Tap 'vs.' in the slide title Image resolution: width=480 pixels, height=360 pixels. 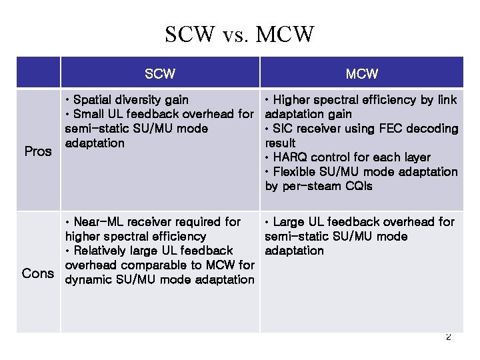pyautogui.click(x=237, y=35)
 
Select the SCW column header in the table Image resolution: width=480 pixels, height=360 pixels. pyautogui.click(x=160, y=73)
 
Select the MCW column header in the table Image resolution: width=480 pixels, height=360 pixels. pyautogui.click(x=362, y=73)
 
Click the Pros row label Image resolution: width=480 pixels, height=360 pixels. pyautogui.click(x=38, y=151)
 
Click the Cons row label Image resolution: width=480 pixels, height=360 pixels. pyautogui.click(x=38, y=273)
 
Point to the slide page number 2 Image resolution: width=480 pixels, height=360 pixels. pyautogui.click(x=448, y=337)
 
